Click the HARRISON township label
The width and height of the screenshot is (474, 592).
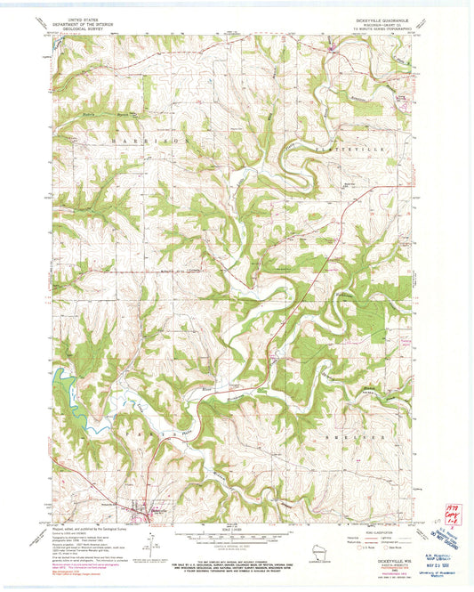149,140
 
